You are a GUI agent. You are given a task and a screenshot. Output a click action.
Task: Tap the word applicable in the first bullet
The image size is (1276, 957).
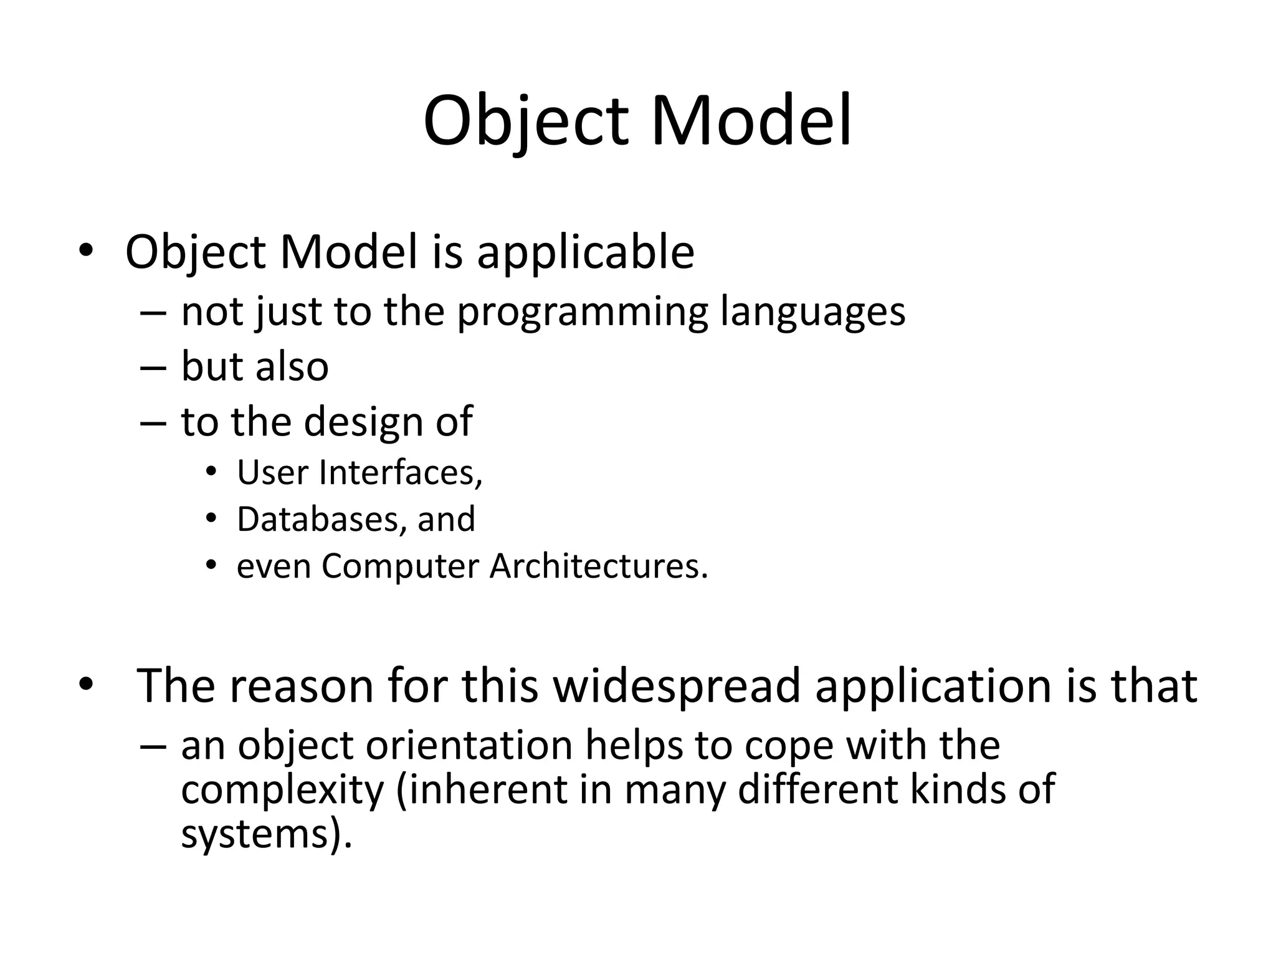(585, 252)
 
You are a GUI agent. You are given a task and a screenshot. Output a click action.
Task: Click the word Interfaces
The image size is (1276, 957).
(401, 472)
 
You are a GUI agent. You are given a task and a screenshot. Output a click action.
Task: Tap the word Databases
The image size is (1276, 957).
(317, 519)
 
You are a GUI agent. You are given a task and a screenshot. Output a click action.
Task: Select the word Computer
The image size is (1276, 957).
(400, 566)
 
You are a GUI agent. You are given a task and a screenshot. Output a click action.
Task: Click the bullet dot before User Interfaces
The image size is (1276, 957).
(211, 472)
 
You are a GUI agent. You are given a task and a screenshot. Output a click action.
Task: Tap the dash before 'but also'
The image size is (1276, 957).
(153, 368)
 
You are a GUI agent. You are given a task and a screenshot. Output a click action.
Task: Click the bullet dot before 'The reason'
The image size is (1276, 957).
(85, 685)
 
